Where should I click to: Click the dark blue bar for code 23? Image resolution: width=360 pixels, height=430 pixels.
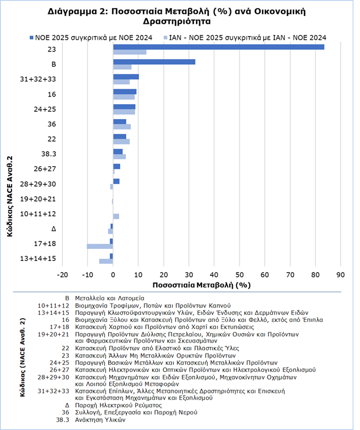[x=218, y=47]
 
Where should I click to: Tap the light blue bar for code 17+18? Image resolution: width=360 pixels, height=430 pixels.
[x=100, y=246]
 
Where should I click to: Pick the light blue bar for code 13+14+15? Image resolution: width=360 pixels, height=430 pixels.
[x=106, y=261]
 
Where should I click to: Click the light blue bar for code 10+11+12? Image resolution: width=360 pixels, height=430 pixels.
[x=116, y=216]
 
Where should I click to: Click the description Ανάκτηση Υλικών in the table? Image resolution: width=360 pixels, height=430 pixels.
[x=103, y=420]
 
